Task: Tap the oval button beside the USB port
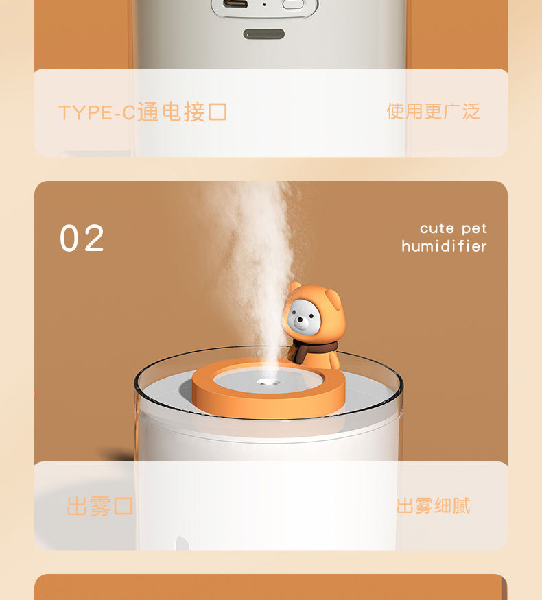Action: pos(293,3)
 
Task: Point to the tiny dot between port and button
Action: pos(264,4)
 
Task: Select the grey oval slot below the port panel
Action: pos(263,34)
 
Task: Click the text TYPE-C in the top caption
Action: pos(97,112)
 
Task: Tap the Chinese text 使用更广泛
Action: pos(433,111)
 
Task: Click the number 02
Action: pos(82,239)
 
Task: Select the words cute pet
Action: pos(453,228)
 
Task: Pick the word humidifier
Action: pos(444,246)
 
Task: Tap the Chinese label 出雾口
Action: pos(99,506)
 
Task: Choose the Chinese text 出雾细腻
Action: pos(433,506)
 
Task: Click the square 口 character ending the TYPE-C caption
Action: pos(217,112)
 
